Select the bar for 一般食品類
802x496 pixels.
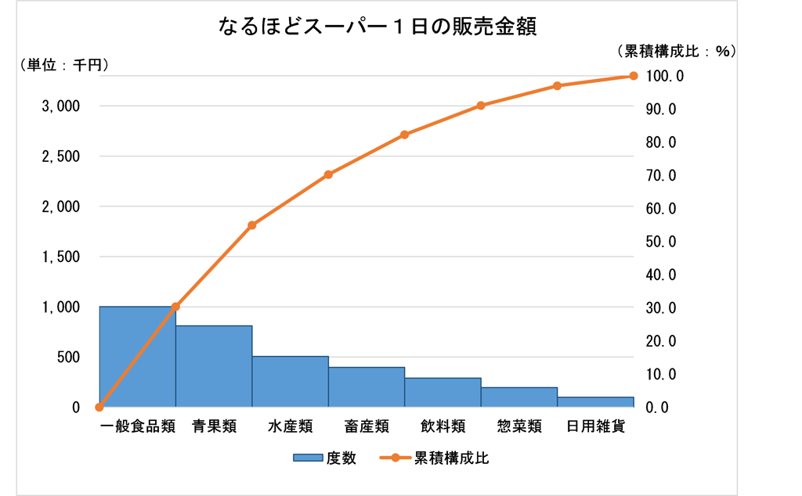coord(137,357)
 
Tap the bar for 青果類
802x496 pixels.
coord(213,366)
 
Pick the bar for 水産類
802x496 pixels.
coord(290,382)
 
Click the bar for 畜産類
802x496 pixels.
coord(366,387)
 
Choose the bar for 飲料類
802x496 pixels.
coord(443,393)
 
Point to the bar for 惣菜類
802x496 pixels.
coord(518,397)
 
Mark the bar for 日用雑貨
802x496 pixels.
coord(595,402)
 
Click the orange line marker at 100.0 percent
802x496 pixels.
coord(634,76)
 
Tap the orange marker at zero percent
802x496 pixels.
coord(99,407)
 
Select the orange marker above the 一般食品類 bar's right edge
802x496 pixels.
coord(175,307)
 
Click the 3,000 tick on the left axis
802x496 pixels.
coord(60,106)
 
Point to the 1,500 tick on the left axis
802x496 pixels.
coord(60,257)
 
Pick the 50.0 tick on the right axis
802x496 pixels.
coord(661,242)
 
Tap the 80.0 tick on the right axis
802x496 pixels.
coord(661,142)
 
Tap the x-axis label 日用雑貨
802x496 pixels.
coord(595,427)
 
